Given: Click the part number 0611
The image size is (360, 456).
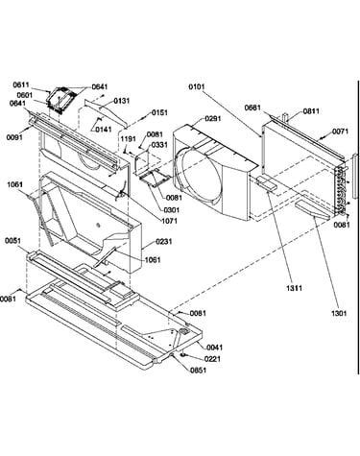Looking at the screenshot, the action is coord(21,85).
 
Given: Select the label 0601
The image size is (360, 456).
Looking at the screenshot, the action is coord(25,95).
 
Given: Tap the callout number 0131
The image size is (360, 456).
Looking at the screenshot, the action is coord(122,101).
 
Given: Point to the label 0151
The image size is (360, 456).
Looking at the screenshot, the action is coord(159,112).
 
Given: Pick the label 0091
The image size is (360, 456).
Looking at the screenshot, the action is coord(14,137).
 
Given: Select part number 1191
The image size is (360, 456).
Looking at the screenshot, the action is coord(129,139).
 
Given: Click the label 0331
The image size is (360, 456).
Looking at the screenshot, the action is coord(159,145).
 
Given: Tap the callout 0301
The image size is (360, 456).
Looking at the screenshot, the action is coord(172,210).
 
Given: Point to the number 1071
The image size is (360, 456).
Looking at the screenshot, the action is coord(169,221).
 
